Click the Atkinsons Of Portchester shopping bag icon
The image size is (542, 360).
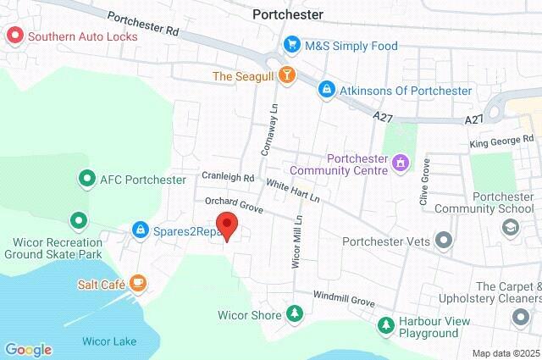tap(325, 89)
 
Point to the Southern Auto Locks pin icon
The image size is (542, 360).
tap(14, 36)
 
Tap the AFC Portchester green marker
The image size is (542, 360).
tap(86, 180)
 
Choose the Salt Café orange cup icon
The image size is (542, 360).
tap(137, 284)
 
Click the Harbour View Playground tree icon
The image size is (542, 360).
tap(386, 324)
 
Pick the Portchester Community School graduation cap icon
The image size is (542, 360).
tap(510, 227)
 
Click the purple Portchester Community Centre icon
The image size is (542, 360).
tap(401, 161)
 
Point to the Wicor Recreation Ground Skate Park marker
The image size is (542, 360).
tap(79, 222)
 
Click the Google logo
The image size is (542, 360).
tap(28, 349)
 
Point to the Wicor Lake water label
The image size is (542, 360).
tap(109, 342)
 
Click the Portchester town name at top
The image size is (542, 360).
tap(288, 14)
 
